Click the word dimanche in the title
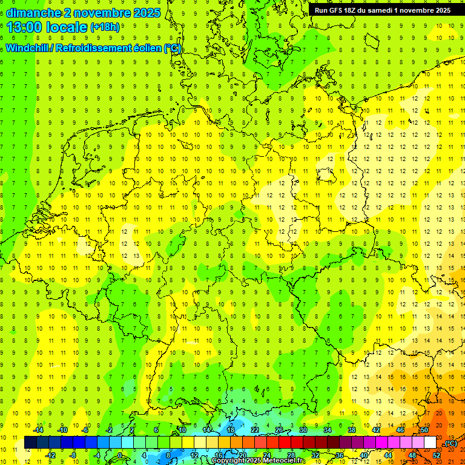pos(33,12)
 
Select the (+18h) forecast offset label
pos(105,27)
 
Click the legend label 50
pos(424,430)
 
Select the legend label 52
pos(437,455)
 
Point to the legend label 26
pos(279,430)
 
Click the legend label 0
pos(120,455)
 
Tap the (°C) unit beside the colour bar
pos(450,443)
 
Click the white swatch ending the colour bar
pos(430,443)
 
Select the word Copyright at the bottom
pos(229,461)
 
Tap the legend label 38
pos(351,430)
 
